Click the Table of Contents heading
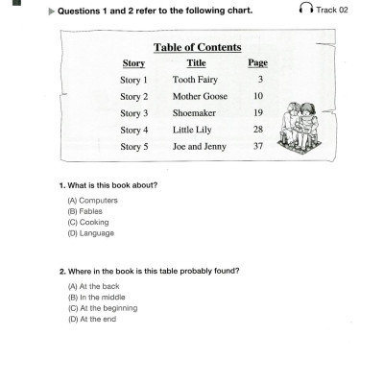[x=197, y=47]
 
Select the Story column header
[x=133, y=63]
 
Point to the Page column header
[x=257, y=63]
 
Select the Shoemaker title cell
[x=195, y=113]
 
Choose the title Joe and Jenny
[x=198, y=146]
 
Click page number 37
[x=257, y=146]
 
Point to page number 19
[x=257, y=113]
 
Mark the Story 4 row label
[x=134, y=130]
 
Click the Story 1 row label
[x=134, y=80]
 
